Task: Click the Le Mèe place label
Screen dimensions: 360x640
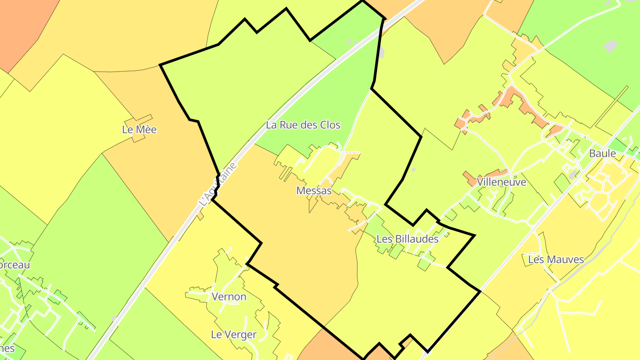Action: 139,130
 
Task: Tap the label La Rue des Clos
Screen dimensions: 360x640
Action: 303,125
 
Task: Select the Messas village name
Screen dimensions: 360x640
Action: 314,191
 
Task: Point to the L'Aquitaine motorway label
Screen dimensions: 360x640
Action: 218,184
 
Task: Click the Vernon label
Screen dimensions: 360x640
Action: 229,296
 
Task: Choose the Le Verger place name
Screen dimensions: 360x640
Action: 234,335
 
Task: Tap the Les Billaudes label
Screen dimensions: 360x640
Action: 407,239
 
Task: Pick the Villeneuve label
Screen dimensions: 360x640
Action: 501,182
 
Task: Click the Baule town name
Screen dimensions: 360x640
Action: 602,154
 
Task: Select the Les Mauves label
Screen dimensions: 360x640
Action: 556,259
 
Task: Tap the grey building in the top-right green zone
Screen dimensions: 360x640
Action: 611,46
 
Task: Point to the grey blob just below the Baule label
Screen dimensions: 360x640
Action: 574,174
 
